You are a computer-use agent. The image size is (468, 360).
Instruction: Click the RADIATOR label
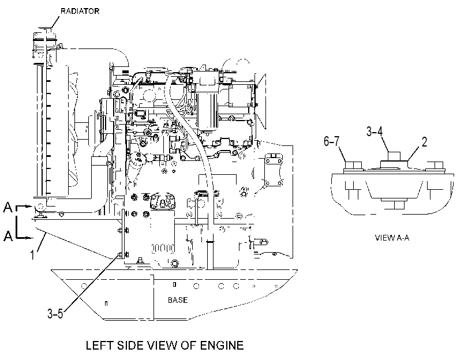pos(80,12)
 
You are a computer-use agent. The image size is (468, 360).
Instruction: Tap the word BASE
pos(178,299)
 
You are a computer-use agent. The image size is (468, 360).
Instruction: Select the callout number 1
pos(32,255)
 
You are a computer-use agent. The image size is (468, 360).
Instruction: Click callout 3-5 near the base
pos(55,313)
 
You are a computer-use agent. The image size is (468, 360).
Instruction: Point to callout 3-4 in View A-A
pos(375,131)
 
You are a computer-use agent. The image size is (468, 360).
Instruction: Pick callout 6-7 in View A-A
pos(332,141)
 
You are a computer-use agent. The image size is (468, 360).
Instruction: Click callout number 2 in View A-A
pos(424,141)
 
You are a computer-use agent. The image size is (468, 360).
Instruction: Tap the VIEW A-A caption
pos(392,238)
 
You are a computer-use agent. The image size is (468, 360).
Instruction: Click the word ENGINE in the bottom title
pos(222,346)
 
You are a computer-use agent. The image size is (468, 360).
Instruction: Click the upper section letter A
pos(8,207)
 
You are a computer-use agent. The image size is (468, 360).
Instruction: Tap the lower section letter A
pos(8,236)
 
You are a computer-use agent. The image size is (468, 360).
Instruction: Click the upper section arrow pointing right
pos(24,207)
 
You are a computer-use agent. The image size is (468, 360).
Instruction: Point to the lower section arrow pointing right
pos(24,238)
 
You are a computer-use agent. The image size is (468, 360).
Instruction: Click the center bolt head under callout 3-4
pos(394,156)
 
